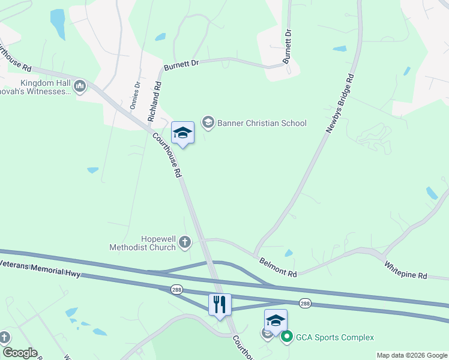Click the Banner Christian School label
point(262,123)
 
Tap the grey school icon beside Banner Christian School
point(208,123)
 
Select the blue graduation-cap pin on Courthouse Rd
point(182,133)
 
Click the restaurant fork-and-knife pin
point(220,304)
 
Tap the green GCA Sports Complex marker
point(287,337)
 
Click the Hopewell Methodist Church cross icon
point(185,242)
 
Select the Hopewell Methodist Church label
point(142,242)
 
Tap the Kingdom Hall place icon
point(80,88)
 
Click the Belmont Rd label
point(279,268)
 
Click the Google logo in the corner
point(19,353)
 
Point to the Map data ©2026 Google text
point(411,355)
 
